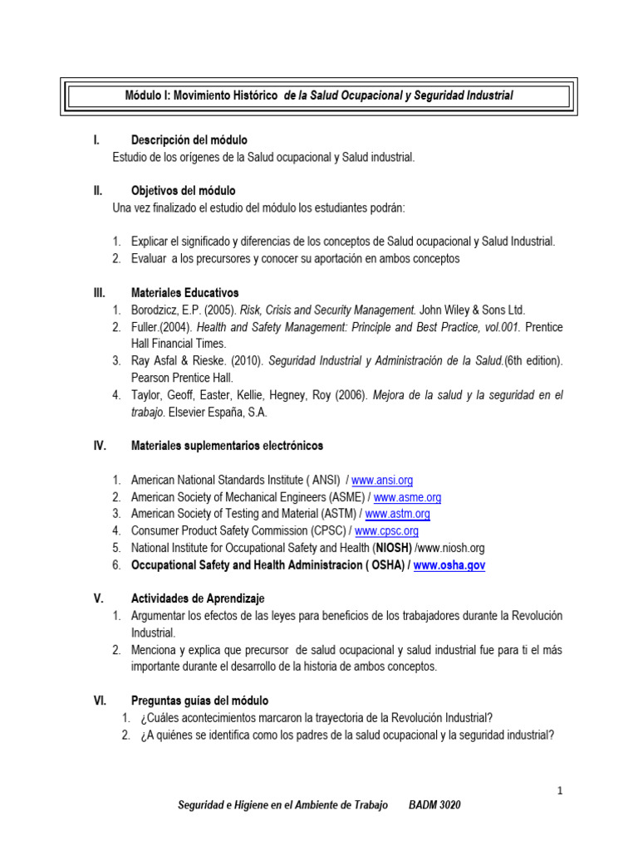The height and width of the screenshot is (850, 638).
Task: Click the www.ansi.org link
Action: point(382,480)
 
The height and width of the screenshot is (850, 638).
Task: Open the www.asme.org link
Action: point(407,497)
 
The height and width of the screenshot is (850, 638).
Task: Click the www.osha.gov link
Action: point(449,564)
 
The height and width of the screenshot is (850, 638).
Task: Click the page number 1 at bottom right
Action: point(561,791)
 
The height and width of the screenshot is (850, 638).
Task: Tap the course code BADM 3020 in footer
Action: point(435,806)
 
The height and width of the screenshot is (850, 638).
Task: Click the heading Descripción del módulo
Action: point(189,140)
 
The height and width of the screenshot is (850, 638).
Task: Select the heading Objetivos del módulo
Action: point(184,191)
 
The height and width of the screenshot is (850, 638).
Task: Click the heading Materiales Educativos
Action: point(185,292)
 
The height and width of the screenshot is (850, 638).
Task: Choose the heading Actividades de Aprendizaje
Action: point(199,598)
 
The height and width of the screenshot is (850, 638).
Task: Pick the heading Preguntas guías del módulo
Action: point(200,701)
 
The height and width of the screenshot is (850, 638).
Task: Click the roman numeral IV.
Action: point(99,446)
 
